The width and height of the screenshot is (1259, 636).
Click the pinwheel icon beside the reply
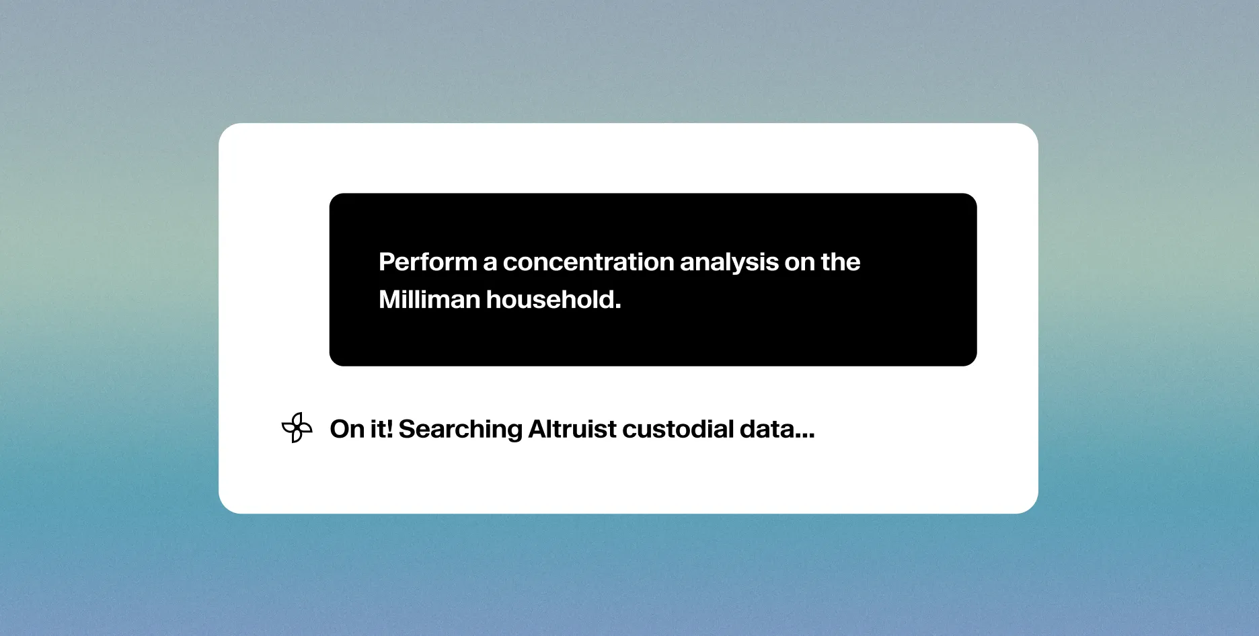297,428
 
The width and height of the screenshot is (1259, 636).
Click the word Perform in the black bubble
428,262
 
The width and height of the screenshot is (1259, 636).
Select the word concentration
588,262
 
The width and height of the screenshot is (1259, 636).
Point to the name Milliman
429,300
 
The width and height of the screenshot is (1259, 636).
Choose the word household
551,300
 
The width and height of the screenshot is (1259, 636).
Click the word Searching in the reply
460,430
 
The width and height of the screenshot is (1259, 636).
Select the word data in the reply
766,429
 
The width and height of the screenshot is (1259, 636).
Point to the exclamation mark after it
389,429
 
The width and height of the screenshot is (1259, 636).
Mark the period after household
618,308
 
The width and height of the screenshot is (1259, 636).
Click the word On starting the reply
347,429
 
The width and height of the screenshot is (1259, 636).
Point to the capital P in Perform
386,262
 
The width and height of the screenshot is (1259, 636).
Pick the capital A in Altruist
537,429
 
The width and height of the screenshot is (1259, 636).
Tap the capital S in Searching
406,429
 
